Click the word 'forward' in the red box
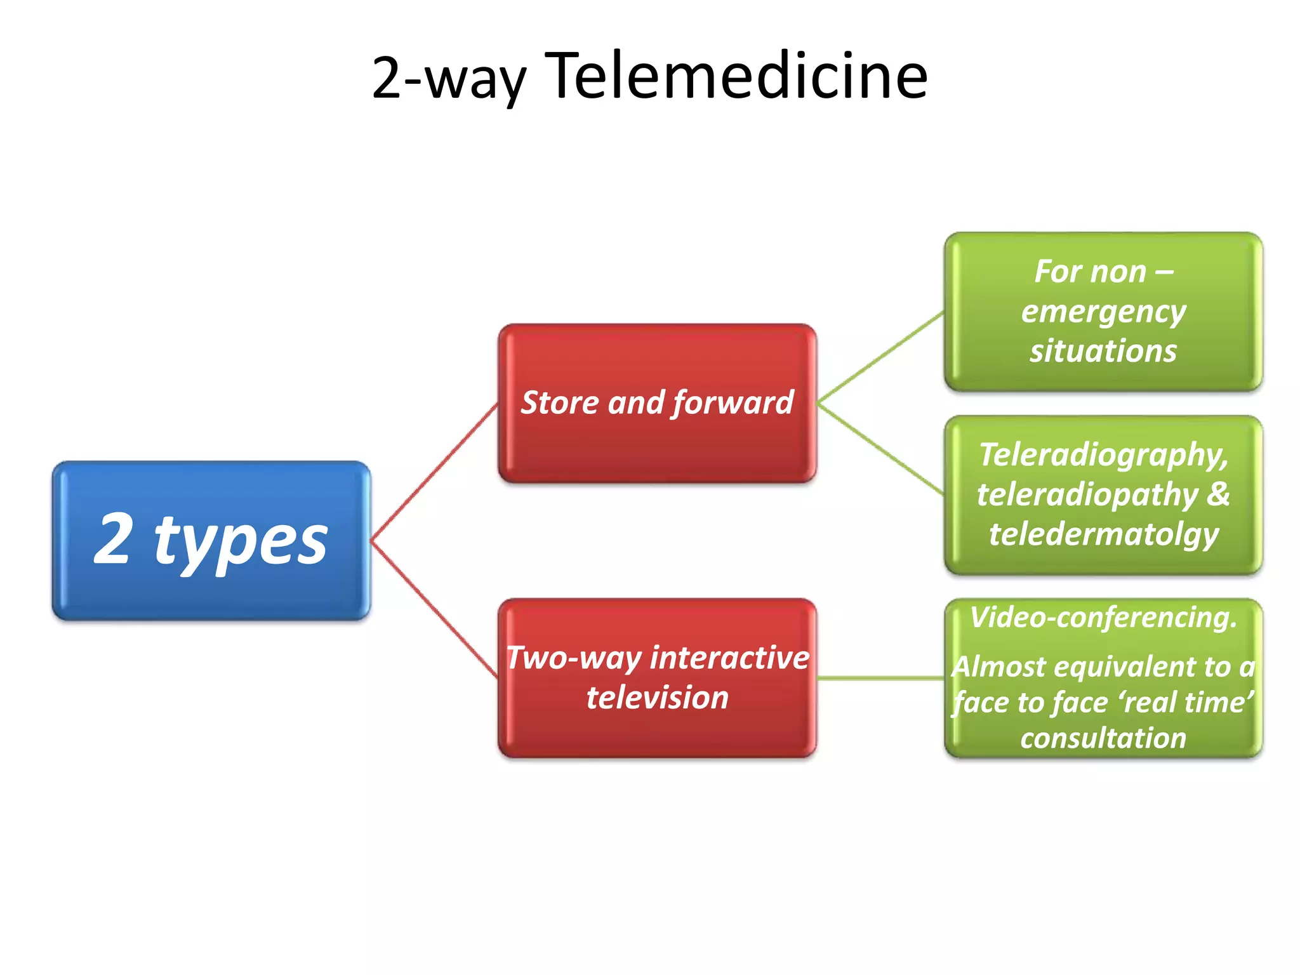(733, 402)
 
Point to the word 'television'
(657, 698)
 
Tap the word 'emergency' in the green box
(1103, 312)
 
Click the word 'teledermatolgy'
(1103, 534)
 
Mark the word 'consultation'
(1103, 738)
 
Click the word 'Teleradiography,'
(1103, 454)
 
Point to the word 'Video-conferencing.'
(1103, 617)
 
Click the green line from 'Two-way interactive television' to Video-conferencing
(880, 679)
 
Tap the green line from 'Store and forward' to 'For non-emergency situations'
(880, 358)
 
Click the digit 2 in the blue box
(114, 540)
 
